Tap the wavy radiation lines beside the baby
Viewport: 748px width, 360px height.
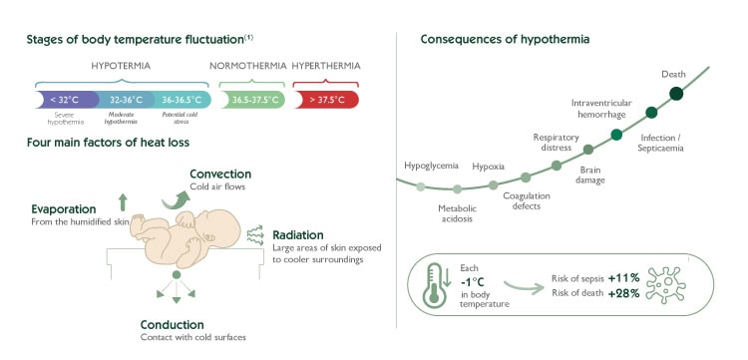pyautogui.click(x=255, y=235)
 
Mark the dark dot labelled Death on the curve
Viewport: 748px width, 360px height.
pyautogui.click(x=676, y=94)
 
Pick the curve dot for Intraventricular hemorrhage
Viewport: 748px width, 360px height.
pyautogui.click(x=616, y=134)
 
